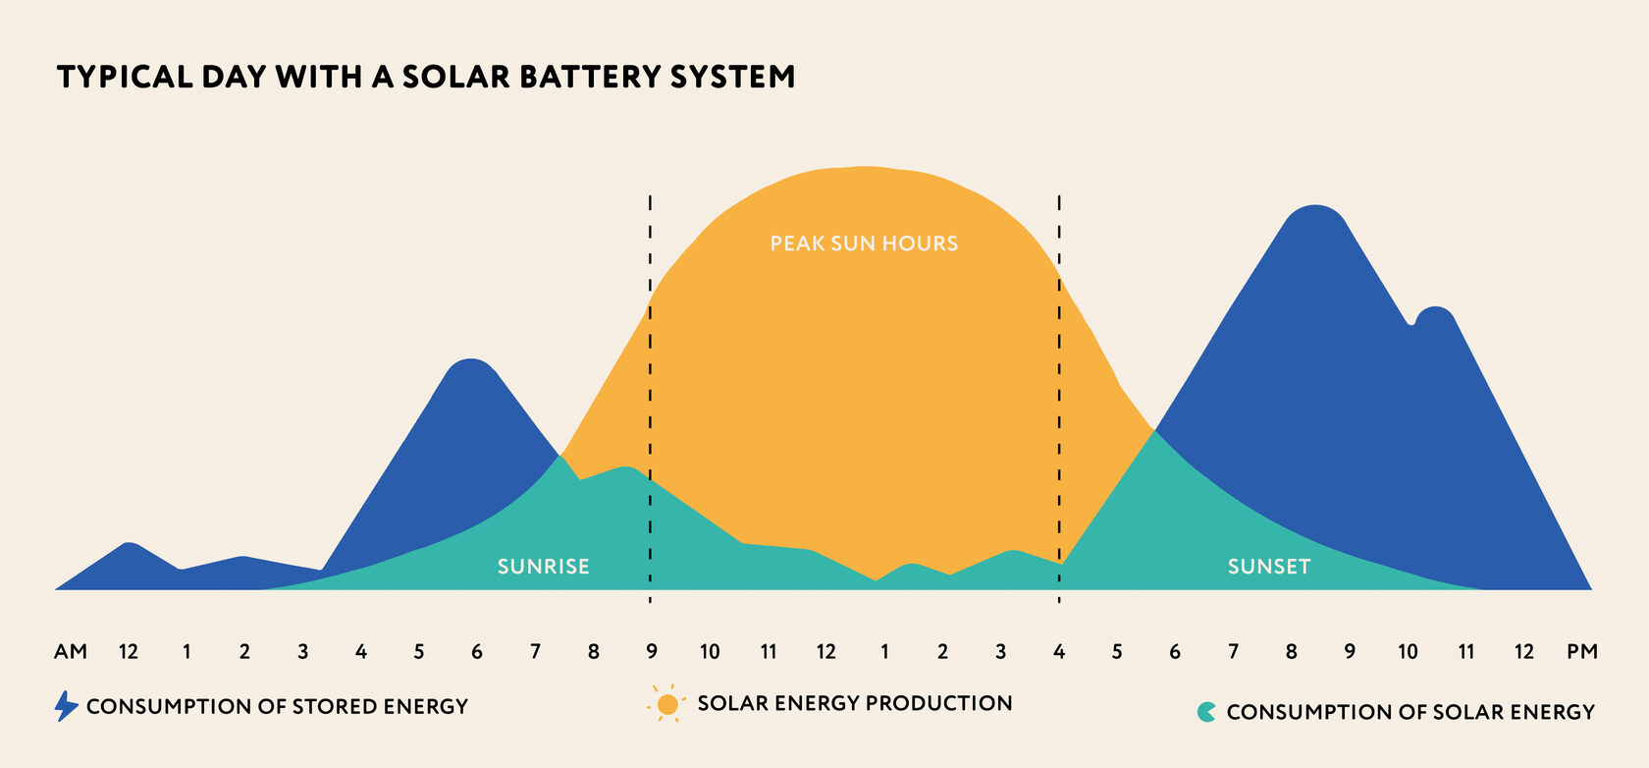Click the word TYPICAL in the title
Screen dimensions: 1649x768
(x=125, y=77)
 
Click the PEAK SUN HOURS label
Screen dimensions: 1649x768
(x=864, y=244)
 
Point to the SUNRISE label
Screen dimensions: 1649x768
(x=544, y=567)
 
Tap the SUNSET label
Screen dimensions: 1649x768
(x=1269, y=567)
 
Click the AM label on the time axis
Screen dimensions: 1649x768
(x=71, y=652)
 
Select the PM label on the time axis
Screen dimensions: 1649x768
(x=1582, y=652)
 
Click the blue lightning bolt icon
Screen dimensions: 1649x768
(x=67, y=706)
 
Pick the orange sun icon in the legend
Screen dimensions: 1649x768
(x=667, y=704)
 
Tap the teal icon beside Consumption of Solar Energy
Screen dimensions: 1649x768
(x=1206, y=712)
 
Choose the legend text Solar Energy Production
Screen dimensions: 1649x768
(x=855, y=703)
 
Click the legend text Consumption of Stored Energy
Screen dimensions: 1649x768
(x=277, y=707)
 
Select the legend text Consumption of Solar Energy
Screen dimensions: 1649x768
(x=1410, y=712)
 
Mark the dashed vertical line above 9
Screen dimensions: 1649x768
(x=650, y=399)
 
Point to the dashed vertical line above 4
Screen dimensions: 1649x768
(x=1059, y=399)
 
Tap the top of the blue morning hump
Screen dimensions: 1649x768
(x=470, y=359)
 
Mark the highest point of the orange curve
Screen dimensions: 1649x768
(x=865, y=167)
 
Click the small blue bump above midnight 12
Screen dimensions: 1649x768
(x=130, y=543)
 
